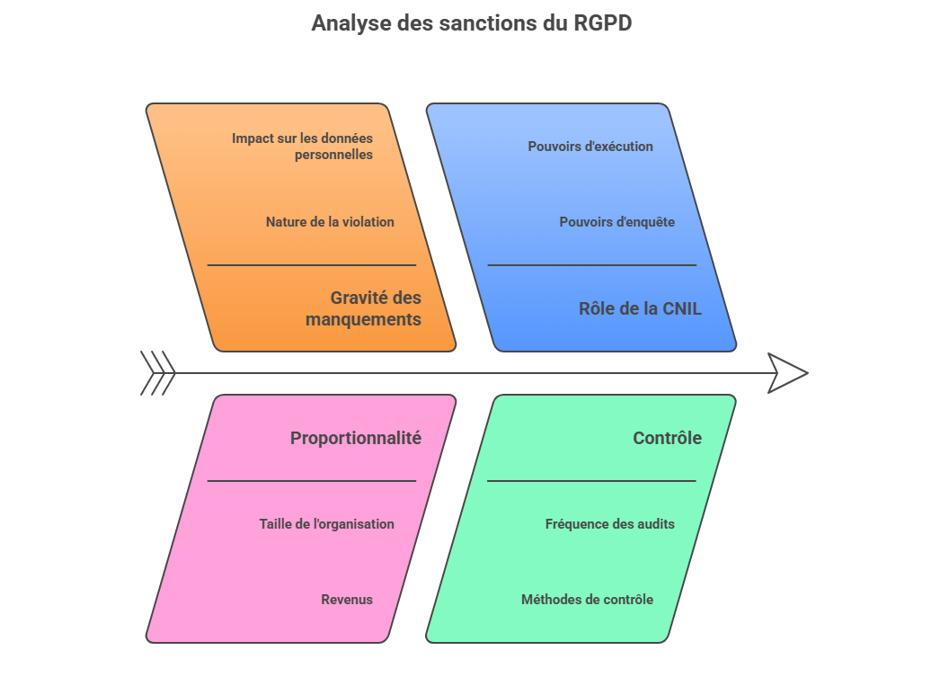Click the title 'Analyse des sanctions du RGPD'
472,23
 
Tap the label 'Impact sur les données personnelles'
302,147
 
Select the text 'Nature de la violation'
330,222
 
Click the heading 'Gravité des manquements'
363,308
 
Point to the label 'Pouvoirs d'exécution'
590,147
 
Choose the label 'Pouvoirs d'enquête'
616,222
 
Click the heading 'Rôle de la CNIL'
640,309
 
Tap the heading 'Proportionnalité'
355,439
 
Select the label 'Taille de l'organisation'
326,524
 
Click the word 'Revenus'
347,600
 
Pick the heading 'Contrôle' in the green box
667,439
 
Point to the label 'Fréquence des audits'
609,524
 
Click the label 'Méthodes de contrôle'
587,600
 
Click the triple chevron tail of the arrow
157,373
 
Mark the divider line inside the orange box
312,265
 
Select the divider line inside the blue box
591,265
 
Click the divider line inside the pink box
312,481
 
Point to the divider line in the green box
591,481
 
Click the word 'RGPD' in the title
602,23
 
